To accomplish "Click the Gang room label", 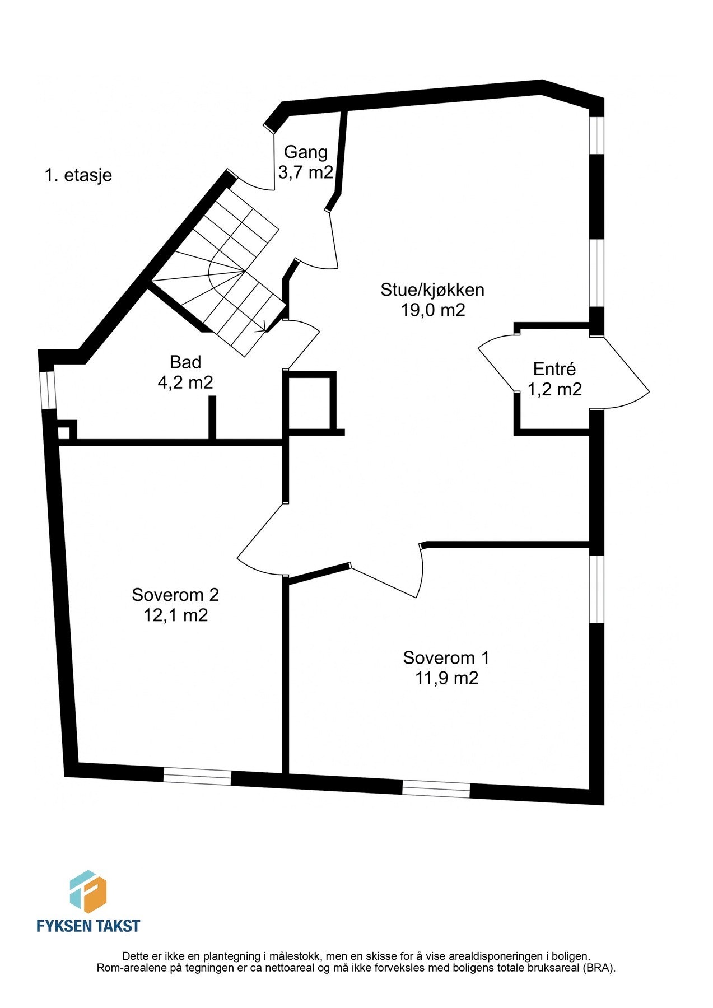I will [x=305, y=152].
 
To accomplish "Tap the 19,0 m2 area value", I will [x=432, y=310].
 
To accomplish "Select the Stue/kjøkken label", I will [x=432, y=290].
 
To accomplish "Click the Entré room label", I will [x=554, y=369].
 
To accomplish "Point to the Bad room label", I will [x=185, y=362].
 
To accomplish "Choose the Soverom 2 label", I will [x=175, y=594].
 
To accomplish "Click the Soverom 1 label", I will [x=446, y=657].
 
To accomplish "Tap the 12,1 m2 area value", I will [x=175, y=615].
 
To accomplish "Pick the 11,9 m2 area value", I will [x=446, y=678].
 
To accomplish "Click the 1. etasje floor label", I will [x=78, y=175].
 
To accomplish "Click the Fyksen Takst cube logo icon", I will [x=88, y=891].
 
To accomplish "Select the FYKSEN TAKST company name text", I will [x=88, y=926].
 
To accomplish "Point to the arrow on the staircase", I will [x=260, y=330].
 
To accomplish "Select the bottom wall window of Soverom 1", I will [x=436, y=789].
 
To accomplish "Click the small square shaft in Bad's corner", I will [x=64, y=432].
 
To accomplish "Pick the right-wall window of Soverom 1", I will [x=598, y=589].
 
